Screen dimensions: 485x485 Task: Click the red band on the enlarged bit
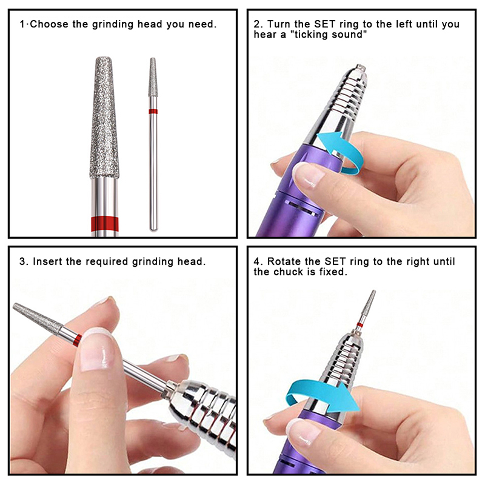(x=104, y=224)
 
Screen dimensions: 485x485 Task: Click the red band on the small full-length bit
(x=153, y=112)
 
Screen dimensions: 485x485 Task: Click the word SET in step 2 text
(x=325, y=24)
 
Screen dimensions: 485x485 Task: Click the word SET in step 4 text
(x=335, y=261)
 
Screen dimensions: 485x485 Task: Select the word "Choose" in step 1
(x=49, y=24)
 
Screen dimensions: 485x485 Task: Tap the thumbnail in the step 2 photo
(x=307, y=175)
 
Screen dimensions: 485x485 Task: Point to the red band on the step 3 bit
(x=78, y=340)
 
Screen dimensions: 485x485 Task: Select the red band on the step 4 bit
(x=360, y=325)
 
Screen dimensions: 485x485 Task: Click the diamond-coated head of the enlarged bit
(x=104, y=118)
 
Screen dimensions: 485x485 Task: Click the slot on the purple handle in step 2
(x=303, y=208)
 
